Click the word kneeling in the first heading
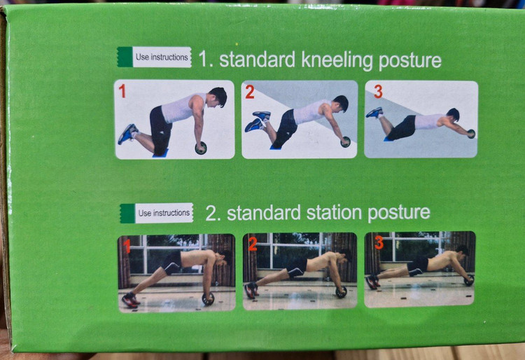pyautogui.click(x=337, y=60)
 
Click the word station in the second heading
pyautogui.click(x=334, y=213)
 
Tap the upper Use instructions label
pyautogui.click(x=155, y=57)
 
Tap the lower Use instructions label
pyautogui.click(x=157, y=213)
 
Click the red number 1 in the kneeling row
pyautogui.click(x=122, y=91)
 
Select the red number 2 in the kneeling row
pyautogui.click(x=250, y=92)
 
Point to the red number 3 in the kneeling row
pyautogui.click(x=378, y=92)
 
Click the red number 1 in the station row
pyautogui.click(x=127, y=247)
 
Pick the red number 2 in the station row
pyautogui.click(x=253, y=244)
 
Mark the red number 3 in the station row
pyautogui.click(x=379, y=242)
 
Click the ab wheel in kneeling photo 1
pyautogui.click(x=201, y=148)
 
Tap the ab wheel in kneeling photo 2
pyautogui.click(x=346, y=142)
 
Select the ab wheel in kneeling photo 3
pyautogui.click(x=471, y=134)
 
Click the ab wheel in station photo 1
pyautogui.click(x=208, y=299)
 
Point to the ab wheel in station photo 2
pyautogui.click(x=341, y=292)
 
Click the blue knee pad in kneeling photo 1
pyautogui.click(x=160, y=153)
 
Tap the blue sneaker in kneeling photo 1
pyautogui.click(x=127, y=134)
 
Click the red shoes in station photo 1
pyautogui.click(x=131, y=300)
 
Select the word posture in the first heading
pyautogui.click(x=410, y=61)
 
